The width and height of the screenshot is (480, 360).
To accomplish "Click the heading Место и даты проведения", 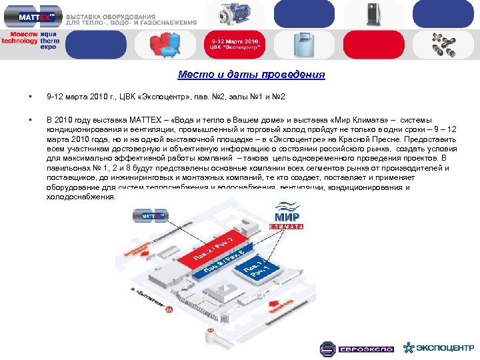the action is coord(251,75).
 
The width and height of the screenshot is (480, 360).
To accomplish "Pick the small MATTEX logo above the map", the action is coord(151,215).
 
